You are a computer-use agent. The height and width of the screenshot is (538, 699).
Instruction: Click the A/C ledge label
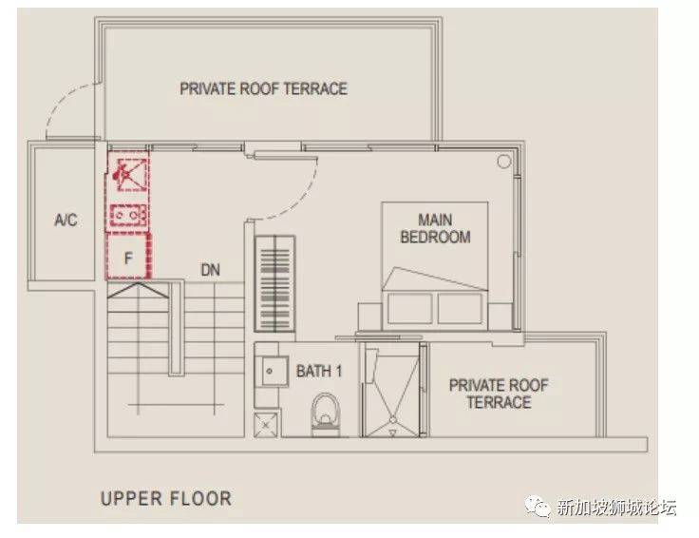pos(66,220)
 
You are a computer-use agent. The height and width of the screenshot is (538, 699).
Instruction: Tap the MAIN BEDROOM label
pos(435,228)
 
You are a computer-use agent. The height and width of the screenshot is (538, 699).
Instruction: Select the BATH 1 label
pos(319,371)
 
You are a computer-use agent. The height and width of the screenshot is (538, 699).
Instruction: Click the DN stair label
pos(211,270)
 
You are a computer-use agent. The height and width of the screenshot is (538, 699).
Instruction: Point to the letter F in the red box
pos(128,258)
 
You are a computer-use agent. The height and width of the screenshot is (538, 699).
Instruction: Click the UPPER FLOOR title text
pos(166,498)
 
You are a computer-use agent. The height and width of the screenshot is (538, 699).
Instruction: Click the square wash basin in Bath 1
pos(270,371)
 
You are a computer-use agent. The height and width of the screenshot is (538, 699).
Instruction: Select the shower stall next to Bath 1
pos(391,390)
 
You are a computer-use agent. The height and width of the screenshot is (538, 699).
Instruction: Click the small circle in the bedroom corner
pos(503,161)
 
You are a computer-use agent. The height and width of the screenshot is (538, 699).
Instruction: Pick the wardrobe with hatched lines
pos(274,283)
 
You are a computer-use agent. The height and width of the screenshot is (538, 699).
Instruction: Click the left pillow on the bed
pos(409,308)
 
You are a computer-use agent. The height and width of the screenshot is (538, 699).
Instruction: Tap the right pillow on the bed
pos(460,308)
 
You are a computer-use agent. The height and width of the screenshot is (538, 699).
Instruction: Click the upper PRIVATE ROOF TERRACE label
pos(263,88)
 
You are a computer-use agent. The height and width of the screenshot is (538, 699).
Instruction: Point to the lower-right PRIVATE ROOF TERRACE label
pos(499,394)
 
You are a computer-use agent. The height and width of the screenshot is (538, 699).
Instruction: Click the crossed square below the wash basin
pos(266,425)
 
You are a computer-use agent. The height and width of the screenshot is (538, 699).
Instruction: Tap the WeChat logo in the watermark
pos(538,507)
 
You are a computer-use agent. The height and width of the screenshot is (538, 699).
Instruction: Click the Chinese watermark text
pos(616,508)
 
